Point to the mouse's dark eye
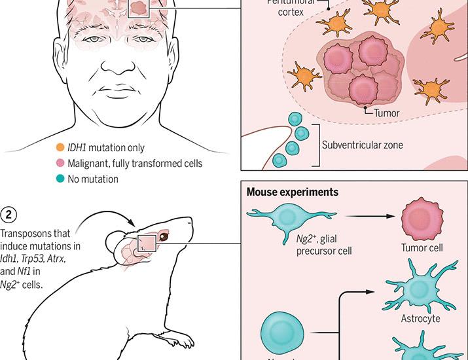coord(162,238)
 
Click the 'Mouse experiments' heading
coord(292,192)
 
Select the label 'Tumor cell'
coord(422,248)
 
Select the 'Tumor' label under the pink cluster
coord(386,113)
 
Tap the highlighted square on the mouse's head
coord(147,244)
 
